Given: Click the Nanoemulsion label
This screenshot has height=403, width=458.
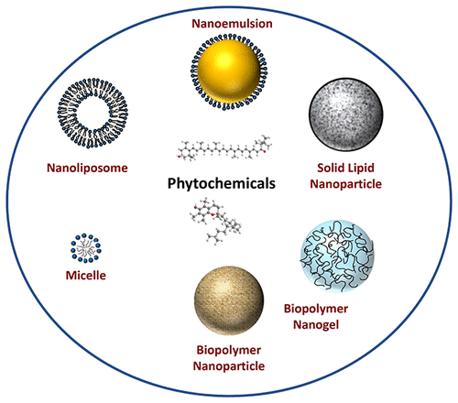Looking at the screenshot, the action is point(232,24).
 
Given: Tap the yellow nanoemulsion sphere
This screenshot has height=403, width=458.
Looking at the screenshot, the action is point(229,71).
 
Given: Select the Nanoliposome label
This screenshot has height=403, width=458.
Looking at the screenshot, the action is point(87,168).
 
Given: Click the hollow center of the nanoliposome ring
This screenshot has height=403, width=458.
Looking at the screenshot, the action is point(93,113).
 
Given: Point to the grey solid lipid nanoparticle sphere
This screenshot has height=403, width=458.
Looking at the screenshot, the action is point(346,114).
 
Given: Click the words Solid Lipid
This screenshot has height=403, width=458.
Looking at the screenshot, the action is point(345,168).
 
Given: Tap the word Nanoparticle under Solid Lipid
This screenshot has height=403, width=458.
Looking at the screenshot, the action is point(346,184).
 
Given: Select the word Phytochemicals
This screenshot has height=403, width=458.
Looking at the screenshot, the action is point(222,183).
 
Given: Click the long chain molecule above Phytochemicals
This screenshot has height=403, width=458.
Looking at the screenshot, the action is point(224,147).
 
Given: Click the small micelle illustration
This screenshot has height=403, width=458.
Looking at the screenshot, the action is point(86,248).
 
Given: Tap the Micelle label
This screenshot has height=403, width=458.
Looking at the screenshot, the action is point(86,276).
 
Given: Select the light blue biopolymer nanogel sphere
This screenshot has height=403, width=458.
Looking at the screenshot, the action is point(337,256).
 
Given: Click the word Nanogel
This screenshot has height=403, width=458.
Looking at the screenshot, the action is point(316,324).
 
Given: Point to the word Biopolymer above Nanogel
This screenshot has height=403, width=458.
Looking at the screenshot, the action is point(316,309).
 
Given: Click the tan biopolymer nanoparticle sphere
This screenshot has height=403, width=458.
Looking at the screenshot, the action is point(229,300).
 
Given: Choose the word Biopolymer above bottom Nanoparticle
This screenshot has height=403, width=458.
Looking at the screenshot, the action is point(229,350).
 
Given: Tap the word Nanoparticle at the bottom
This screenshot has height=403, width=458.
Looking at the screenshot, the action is point(229,365).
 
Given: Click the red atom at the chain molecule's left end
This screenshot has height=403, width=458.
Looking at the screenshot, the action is point(180,157).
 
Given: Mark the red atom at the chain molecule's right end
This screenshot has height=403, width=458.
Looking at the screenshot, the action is point(265,151).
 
